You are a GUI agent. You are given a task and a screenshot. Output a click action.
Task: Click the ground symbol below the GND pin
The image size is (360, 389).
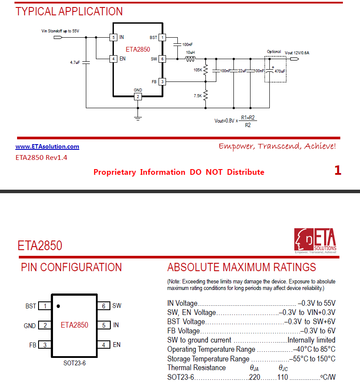coord(138,118)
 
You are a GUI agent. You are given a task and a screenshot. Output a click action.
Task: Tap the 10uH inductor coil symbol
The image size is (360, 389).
coord(191,59)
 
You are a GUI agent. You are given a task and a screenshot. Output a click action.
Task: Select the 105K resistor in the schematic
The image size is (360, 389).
coord(205,70)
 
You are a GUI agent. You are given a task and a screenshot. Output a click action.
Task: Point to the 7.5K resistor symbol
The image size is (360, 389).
coord(205,95)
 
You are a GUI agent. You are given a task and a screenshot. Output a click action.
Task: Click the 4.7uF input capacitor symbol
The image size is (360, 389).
coord(86,62)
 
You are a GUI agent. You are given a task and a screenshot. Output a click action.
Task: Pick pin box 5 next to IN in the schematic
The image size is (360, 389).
coord(113,38)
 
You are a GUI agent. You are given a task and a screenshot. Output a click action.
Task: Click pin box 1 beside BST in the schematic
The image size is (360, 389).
coord(162,38)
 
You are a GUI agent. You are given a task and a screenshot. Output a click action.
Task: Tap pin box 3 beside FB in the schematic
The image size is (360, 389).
coord(162,81)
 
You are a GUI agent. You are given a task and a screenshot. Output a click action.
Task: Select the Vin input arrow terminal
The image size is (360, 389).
coord(58,38)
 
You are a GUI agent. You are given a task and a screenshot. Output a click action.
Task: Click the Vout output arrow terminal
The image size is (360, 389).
coord(294,59)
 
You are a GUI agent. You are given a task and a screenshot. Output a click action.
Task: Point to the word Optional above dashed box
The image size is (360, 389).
coord(274,52)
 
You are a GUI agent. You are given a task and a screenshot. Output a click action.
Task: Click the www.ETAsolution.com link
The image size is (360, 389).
coord(47,147)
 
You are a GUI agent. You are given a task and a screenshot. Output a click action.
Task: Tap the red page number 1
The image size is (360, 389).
coord(338,170)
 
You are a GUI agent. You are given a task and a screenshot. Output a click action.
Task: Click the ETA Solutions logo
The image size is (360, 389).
coord(315,240)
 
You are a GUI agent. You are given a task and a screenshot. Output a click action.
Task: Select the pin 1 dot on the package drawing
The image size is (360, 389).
coord(58,306)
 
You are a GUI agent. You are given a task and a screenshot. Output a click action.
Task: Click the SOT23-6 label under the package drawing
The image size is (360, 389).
coord(74,363)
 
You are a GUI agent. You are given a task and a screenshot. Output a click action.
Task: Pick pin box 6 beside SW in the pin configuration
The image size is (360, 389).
coord(104,306)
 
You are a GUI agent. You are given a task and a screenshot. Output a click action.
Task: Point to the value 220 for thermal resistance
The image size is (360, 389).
coord(255,377)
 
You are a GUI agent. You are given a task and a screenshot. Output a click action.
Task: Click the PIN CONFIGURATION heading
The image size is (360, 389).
coord(71,267)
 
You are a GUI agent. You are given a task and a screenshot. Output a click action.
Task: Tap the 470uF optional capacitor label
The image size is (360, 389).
coord(280,71)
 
